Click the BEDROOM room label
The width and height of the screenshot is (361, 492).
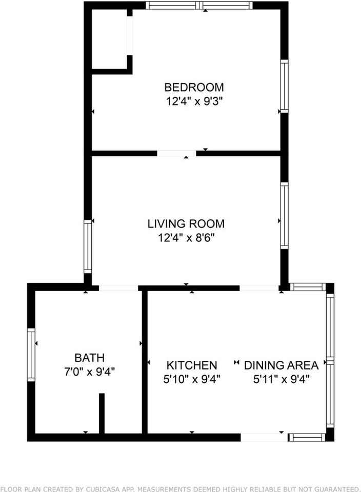pos(194,87)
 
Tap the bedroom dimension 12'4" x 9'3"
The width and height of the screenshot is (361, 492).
pos(194,101)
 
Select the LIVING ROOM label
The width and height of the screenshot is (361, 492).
pos(186,224)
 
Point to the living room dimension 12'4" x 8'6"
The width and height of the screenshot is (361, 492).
pos(186,238)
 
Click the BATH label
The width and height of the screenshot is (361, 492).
pos(89,357)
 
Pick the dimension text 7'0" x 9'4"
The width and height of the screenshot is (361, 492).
pos(89,372)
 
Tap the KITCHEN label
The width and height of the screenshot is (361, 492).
pos(192,365)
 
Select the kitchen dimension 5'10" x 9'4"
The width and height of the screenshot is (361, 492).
pos(192,380)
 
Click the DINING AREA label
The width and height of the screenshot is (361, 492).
pos(281,365)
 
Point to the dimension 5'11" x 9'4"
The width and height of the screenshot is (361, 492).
pos(281,380)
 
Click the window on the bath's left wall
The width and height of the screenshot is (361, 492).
pos(31,355)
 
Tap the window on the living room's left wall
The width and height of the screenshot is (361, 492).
pos(88,247)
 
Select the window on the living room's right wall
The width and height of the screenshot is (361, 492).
pos(284,216)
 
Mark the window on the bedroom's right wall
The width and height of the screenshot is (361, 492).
pos(284,86)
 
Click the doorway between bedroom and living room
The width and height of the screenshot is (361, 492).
pos(176,153)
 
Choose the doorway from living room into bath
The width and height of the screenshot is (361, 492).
pos(118,288)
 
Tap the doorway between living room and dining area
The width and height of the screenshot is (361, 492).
pos(259,288)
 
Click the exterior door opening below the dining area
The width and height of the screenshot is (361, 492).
pos(264,437)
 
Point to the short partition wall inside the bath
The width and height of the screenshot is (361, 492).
pos(102,413)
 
